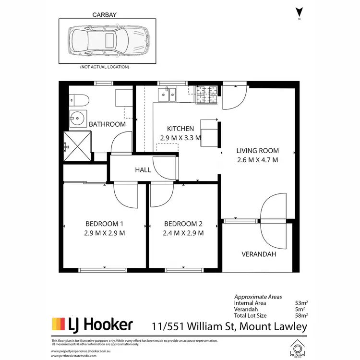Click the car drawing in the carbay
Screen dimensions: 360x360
pos(108,40)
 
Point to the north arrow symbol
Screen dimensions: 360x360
pos(300,12)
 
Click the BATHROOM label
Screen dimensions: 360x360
pos(108,124)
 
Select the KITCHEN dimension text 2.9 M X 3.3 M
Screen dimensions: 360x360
pos(180,138)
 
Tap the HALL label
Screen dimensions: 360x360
pos(143,170)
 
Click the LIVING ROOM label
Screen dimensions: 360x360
pos(257,151)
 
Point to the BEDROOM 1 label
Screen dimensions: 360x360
pos(105,224)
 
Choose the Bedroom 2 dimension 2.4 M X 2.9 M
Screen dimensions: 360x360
pos(183,233)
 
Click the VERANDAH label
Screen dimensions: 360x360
pos(259,254)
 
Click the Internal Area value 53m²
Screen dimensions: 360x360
pos(301,303)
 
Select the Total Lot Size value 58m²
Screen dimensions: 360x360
pos(301,316)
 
